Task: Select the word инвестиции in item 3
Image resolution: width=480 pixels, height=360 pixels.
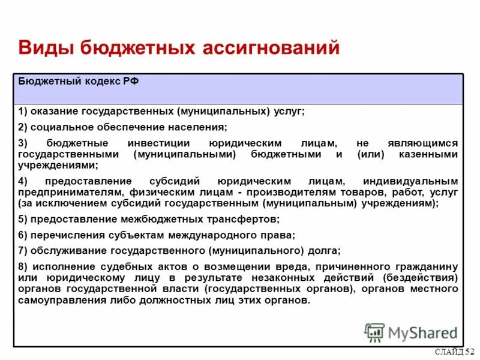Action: pyautogui.click(x=159, y=143)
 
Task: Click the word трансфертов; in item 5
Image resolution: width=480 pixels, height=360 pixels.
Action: pyautogui.click(x=245, y=219)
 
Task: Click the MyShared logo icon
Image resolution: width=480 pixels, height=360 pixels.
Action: pyautogui.click(x=374, y=332)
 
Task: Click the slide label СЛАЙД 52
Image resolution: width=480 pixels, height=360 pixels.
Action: pyautogui.click(x=455, y=352)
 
